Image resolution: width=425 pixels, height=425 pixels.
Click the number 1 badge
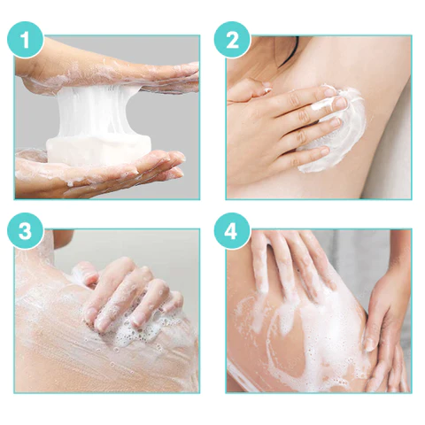25,40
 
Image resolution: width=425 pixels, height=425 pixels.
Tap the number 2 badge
232,40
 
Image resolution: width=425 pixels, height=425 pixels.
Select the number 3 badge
25,231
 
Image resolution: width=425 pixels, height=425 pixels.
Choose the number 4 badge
232,231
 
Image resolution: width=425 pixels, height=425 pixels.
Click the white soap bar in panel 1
99,151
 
